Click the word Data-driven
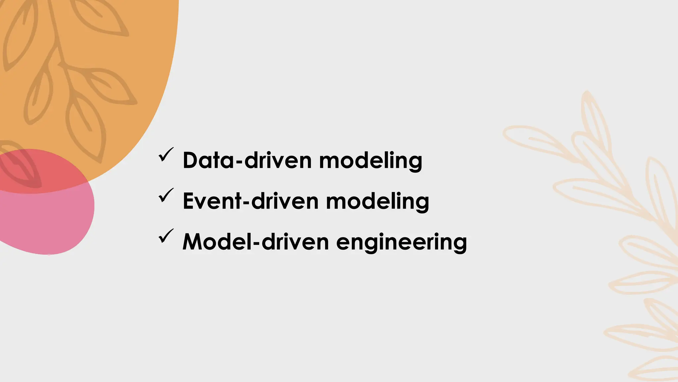247,160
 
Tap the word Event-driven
250,201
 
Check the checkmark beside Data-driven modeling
166,155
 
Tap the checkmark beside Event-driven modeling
166,195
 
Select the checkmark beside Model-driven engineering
166,236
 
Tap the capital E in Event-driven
188,201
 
